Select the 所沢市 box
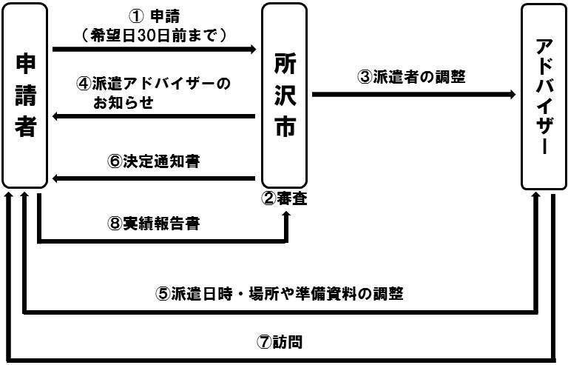point(284,96)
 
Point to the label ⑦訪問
point(280,343)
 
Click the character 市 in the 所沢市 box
point(284,126)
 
